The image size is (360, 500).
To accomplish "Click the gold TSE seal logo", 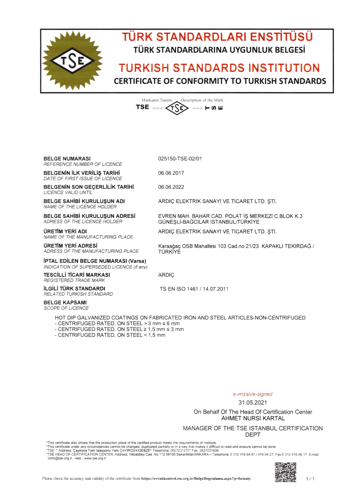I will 72,60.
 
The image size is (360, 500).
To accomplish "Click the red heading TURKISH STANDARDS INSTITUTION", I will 219,68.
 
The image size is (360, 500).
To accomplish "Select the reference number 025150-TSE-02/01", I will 180,159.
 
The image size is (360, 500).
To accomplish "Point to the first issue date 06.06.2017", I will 171,173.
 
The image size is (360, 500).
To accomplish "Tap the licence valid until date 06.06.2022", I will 171,187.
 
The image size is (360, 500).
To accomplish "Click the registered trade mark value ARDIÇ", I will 166,275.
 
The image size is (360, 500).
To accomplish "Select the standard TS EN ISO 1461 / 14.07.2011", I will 194,289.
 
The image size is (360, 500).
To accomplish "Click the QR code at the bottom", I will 285,472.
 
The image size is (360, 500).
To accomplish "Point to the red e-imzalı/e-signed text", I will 253,394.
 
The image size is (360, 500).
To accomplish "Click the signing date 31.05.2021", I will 253,402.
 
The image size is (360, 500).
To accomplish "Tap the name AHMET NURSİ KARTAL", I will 253,418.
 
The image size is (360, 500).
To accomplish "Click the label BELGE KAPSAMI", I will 65,302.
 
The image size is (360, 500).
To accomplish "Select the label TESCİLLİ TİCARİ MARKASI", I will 77,275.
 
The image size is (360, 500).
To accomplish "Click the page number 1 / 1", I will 310,479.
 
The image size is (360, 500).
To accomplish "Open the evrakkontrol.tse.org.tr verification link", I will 196,478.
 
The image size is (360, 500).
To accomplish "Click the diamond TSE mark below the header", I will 177,108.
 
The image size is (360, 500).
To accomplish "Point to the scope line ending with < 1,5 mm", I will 110,335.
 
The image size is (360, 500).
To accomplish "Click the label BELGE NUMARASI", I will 67,159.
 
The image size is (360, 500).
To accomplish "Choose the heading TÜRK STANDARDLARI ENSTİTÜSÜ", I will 217,37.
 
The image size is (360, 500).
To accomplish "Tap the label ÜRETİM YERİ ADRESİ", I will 70,246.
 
